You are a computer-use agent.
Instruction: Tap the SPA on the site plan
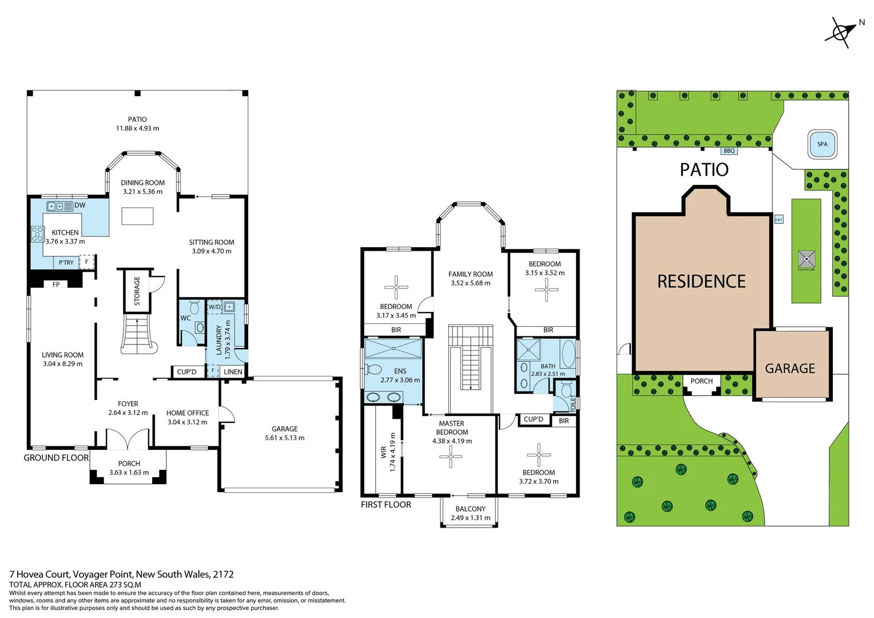822,144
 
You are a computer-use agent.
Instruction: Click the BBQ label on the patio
729,151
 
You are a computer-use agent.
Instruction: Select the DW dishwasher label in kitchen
80,205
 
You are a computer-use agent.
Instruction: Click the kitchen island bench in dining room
137,216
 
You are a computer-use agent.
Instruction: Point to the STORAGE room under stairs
137,291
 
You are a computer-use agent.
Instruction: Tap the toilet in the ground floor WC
194,308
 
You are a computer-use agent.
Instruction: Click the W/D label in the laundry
214,307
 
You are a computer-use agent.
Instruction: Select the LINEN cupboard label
233,372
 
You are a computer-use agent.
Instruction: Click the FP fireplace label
56,284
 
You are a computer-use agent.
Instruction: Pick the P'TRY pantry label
66,263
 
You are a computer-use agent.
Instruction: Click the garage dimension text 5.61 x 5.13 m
284,438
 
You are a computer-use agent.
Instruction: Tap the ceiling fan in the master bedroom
451,456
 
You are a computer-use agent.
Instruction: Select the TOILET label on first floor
573,403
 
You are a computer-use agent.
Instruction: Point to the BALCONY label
470,509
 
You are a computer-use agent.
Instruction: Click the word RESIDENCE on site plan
701,282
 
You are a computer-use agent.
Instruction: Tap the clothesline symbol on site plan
806,259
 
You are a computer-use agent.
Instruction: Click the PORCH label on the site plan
701,381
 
